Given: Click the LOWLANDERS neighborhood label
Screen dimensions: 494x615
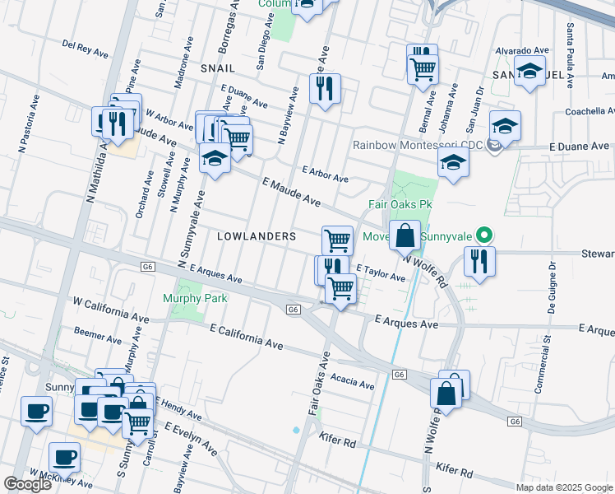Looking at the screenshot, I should point(256,236).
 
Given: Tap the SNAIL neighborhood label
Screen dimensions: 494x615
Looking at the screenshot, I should point(217,68).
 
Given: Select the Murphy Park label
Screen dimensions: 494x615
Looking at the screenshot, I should point(195,298).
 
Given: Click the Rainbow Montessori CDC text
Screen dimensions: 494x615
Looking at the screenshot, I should point(417,145).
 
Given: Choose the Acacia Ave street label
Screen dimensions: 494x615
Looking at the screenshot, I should point(352,380).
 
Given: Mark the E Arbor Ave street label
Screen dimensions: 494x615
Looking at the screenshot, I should point(325,175).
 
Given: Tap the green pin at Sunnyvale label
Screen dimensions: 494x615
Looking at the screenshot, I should point(485,235).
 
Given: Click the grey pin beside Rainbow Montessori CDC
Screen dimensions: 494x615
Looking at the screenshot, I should point(493,146).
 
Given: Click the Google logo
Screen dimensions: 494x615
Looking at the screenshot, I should point(27,484).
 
